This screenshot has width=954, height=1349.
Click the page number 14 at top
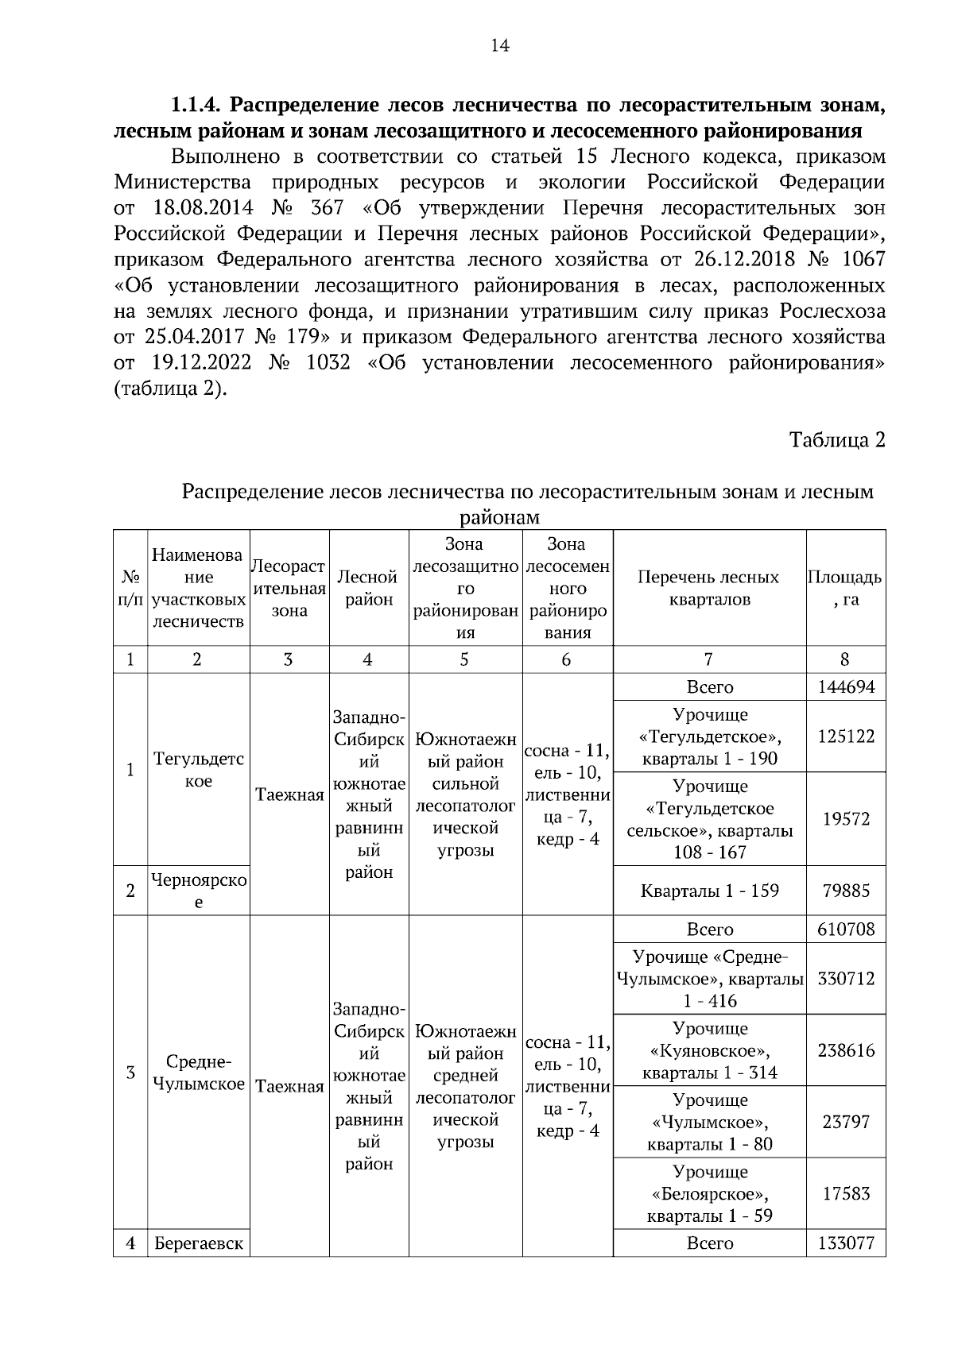pyautogui.click(x=500, y=45)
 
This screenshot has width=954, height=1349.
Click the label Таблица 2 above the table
pyautogui.click(x=836, y=440)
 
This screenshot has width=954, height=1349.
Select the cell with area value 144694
pyautogui.click(x=846, y=687)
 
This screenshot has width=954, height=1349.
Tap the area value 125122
pyautogui.click(x=846, y=736)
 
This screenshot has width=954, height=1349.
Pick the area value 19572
pyautogui.click(x=846, y=819)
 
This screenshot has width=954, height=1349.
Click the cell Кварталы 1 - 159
pyautogui.click(x=709, y=891)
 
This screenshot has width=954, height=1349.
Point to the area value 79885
pyautogui.click(x=846, y=891)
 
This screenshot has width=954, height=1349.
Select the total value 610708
pyautogui.click(x=846, y=930)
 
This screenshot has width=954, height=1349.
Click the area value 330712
pyautogui.click(x=846, y=979)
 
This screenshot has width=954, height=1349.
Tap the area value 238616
pyautogui.click(x=846, y=1050)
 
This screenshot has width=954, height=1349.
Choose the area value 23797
pyautogui.click(x=846, y=1122)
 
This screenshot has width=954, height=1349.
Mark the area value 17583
pyautogui.click(x=846, y=1193)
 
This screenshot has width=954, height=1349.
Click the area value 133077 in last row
pyautogui.click(x=846, y=1243)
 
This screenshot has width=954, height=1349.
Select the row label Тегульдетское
pyautogui.click(x=198, y=770)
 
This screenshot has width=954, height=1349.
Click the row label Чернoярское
pyautogui.click(x=198, y=891)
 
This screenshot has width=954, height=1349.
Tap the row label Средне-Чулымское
pyautogui.click(x=198, y=1073)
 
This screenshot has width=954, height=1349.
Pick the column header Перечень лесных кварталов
pyautogui.click(x=709, y=588)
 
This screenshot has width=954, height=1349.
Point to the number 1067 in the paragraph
pyautogui.click(x=863, y=260)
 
